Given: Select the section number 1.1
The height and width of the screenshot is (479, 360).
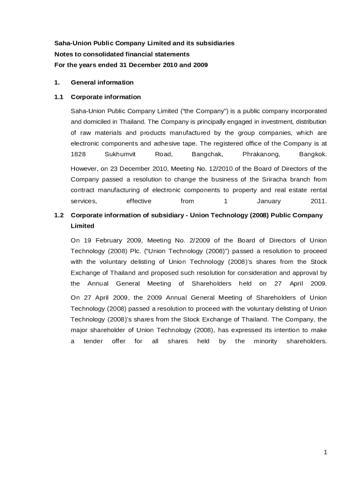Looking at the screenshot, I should click(x=58, y=97).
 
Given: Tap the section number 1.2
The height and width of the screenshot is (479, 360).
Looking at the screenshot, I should click(x=58, y=215).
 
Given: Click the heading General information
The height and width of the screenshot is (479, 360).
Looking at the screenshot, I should click(x=102, y=82).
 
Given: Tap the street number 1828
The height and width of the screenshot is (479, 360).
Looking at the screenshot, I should click(x=78, y=154).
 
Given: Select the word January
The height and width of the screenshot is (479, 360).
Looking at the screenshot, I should click(x=269, y=201).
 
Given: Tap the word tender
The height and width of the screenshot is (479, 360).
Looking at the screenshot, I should click(x=93, y=341).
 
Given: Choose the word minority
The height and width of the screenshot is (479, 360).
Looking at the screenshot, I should click(x=266, y=341).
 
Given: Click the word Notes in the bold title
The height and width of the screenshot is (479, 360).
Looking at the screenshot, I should click(x=64, y=54).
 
